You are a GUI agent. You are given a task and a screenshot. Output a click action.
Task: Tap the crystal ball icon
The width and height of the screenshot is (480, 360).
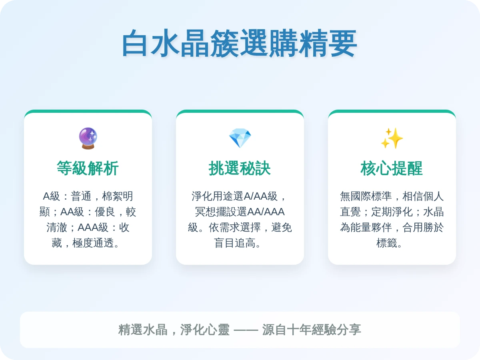point(88,138)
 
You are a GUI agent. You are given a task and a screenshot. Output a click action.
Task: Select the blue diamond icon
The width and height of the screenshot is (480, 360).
point(240,138)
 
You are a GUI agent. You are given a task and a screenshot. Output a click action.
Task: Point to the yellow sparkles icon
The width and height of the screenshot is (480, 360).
point(392,138)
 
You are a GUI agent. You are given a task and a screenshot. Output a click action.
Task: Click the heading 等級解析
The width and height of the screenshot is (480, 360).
point(88,168)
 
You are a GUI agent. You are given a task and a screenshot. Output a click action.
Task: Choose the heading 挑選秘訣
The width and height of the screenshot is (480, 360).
point(240,168)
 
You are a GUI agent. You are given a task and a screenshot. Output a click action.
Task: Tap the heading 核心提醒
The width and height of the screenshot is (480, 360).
point(392,168)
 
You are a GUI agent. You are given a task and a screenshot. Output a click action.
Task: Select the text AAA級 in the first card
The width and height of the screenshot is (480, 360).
point(93,227)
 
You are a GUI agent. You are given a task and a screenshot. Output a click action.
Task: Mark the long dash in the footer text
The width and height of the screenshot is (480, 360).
point(246,330)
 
